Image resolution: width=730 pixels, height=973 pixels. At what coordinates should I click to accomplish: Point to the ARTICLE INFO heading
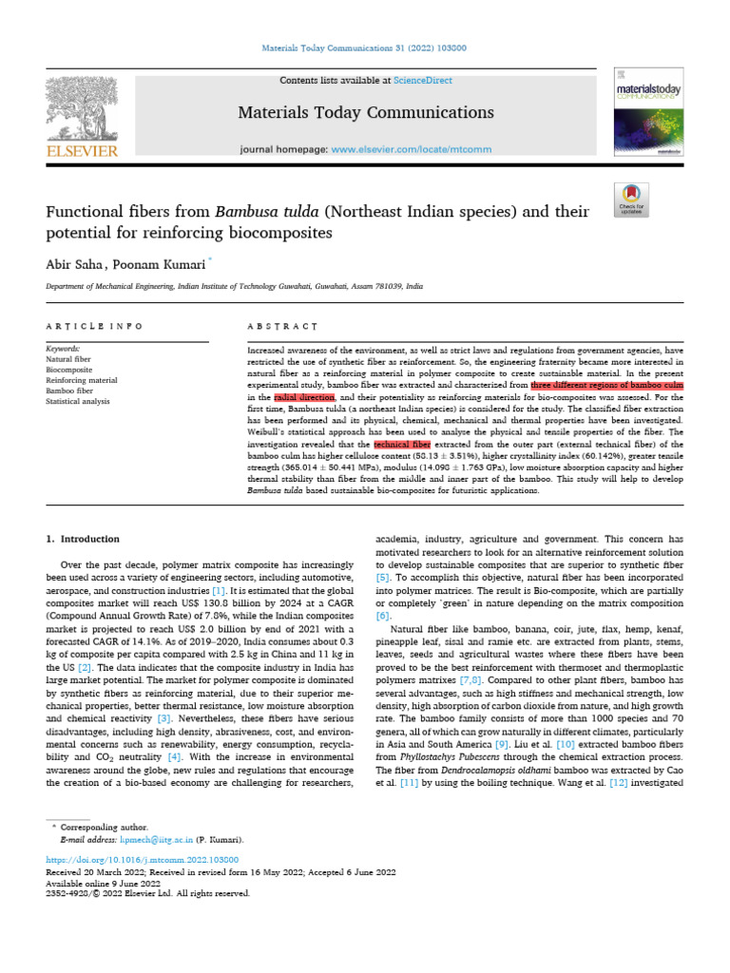(x=94, y=326)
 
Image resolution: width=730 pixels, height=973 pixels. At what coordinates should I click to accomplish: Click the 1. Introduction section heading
(x=84, y=539)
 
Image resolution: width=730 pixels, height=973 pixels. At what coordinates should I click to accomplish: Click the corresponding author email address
(x=144, y=840)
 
